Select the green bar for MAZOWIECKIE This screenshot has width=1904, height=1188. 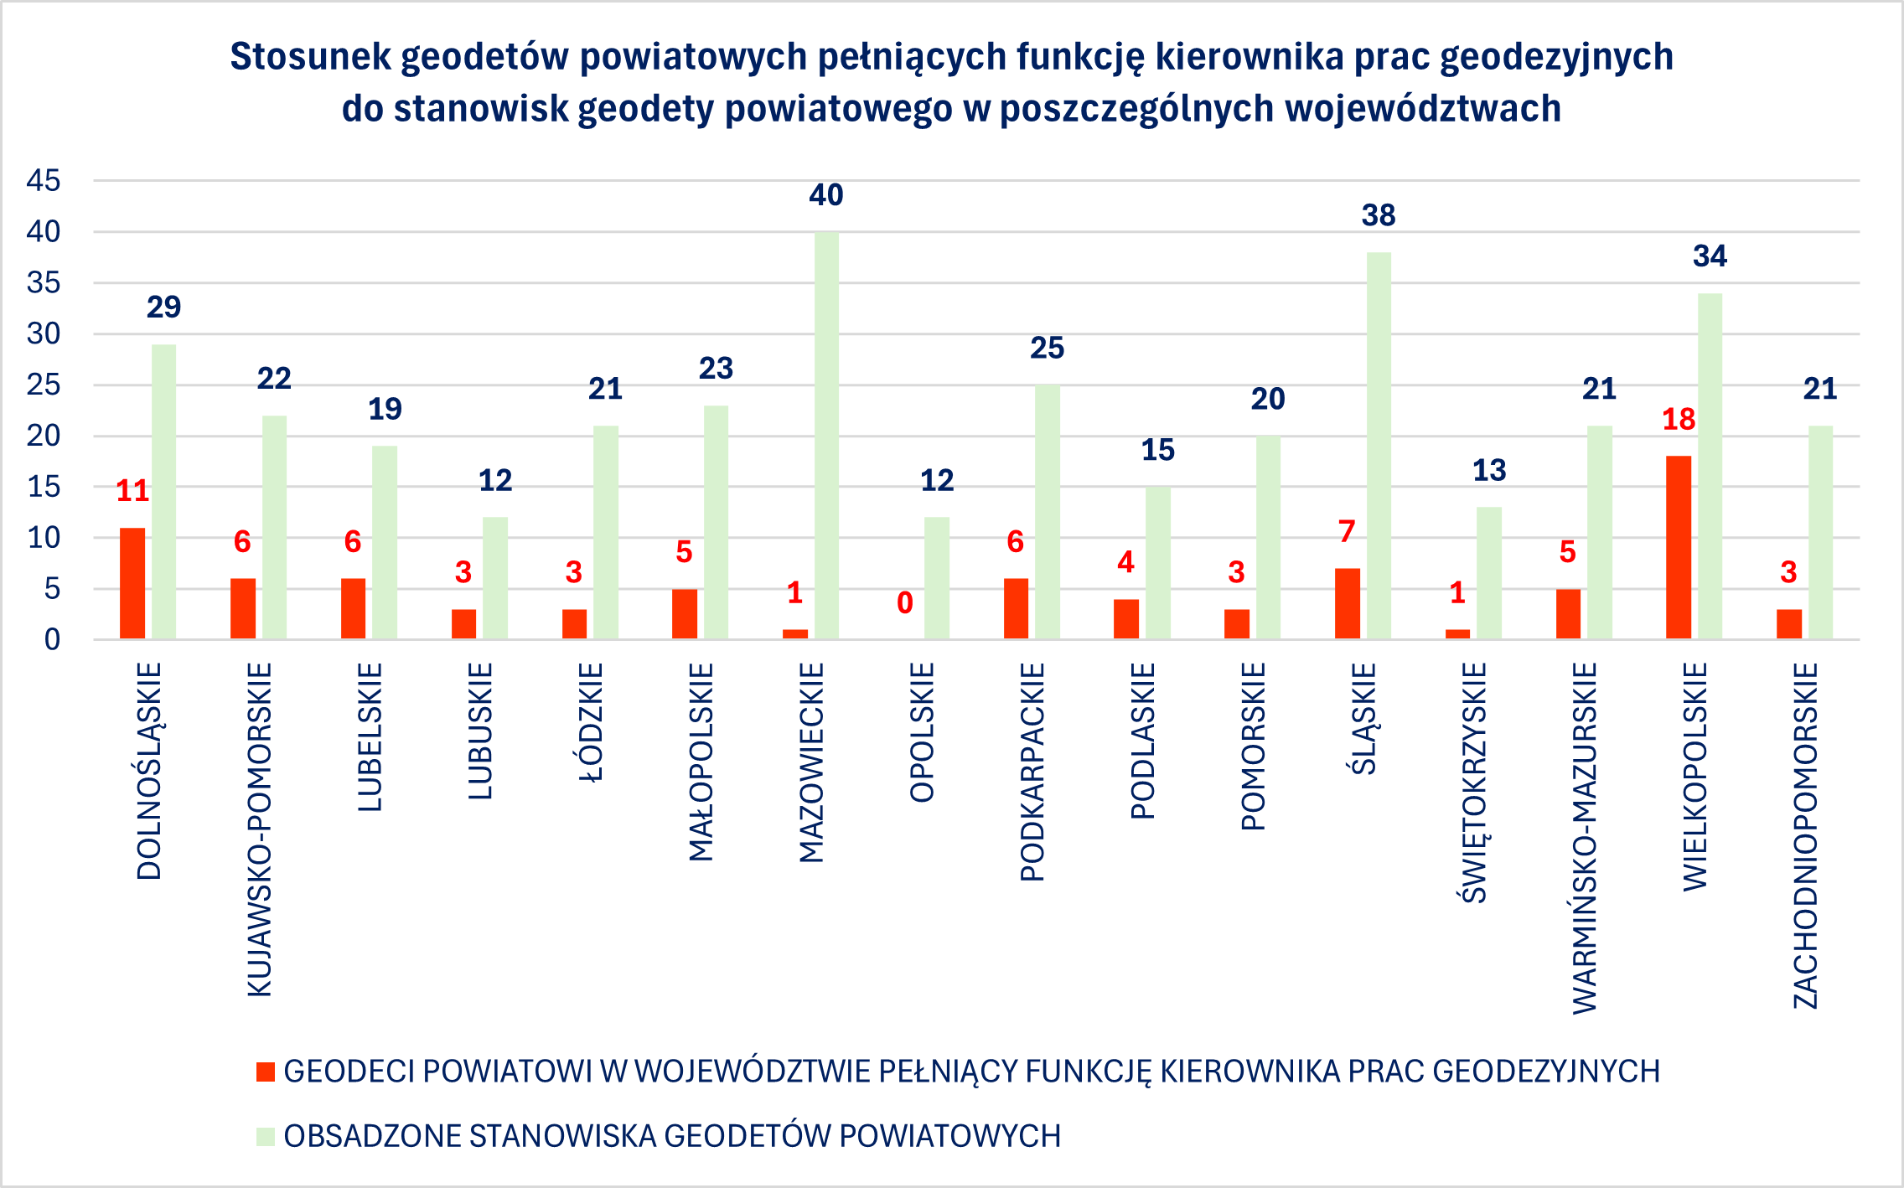coord(826,436)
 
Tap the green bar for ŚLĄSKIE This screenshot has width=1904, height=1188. coord(1379,446)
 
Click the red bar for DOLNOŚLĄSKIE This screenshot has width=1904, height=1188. coord(132,583)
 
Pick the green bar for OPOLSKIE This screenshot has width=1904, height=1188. coord(937,578)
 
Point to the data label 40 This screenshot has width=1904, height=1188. coord(826,195)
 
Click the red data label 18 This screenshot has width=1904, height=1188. coord(1679,419)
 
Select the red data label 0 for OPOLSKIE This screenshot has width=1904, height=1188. coord(905,602)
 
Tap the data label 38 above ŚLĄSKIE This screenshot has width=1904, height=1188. coord(1379,215)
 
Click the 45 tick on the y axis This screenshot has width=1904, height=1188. coord(44,180)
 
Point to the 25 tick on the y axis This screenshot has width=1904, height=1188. coord(44,385)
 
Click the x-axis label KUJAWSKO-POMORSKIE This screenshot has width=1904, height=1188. coord(260,829)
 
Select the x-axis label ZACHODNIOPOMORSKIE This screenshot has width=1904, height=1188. coord(1806,835)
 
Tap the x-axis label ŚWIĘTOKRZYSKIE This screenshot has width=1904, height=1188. coord(1475,783)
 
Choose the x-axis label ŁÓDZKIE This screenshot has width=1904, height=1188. coord(592,722)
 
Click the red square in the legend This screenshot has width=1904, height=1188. coord(266,1072)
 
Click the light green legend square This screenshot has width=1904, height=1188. coord(266,1136)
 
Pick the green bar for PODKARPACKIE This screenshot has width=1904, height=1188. coord(1048,512)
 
